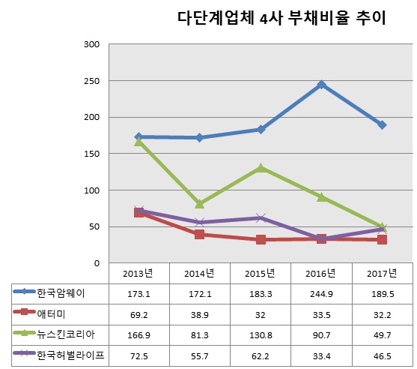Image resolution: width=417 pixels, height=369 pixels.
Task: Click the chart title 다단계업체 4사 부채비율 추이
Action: (x=281, y=19)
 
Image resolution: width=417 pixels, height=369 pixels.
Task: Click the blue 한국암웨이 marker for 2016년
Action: (x=321, y=85)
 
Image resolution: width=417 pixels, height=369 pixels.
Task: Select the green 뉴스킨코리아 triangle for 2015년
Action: (x=260, y=168)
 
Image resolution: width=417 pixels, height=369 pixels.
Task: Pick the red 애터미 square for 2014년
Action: (x=199, y=235)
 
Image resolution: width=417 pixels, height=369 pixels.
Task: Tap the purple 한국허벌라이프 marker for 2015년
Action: (x=260, y=218)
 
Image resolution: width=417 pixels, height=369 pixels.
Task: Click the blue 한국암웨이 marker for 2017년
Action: (x=382, y=124)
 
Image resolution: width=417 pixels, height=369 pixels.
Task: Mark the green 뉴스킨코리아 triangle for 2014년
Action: (x=199, y=203)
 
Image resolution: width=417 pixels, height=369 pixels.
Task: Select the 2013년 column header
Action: (x=139, y=273)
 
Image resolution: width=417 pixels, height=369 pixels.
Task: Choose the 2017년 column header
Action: (x=382, y=273)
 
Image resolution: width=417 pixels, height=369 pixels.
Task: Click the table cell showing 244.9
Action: (x=321, y=293)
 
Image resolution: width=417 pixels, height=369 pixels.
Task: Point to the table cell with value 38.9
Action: (x=199, y=312)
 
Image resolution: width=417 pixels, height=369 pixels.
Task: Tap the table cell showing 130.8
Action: (x=260, y=331)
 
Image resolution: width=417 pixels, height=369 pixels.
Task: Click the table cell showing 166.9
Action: (x=139, y=331)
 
